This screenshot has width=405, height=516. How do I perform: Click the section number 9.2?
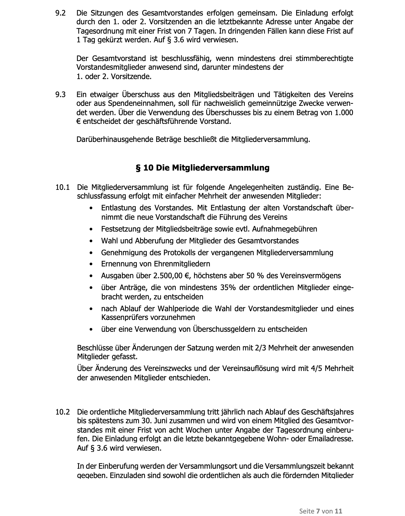point(60,13)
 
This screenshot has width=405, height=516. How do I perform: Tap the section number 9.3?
point(60,94)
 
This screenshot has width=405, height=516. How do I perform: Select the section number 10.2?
point(62,412)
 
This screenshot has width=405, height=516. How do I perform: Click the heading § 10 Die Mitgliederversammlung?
point(202,168)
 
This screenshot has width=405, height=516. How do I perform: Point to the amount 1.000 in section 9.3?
point(344,112)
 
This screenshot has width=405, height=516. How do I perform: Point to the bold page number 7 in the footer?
point(318,511)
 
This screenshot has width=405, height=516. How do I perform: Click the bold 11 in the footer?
point(339,511)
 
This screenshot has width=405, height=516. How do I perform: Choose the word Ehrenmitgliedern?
point(182,264)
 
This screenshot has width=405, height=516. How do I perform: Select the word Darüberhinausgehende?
point(115,139)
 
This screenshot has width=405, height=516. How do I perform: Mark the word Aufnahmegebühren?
point(284,229)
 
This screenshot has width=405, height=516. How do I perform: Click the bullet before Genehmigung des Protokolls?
point(91,253)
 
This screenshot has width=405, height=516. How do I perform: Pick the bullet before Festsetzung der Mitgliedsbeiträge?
point(91,229)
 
